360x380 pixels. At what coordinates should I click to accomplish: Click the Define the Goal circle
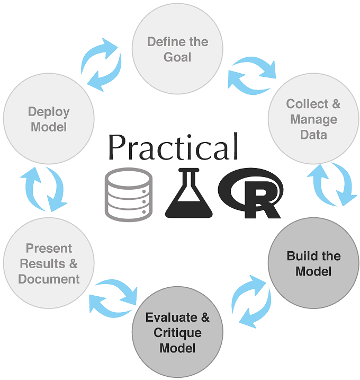pyautogui.click(x=177, y=49)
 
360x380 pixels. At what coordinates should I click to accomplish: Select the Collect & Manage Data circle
pyautogui.click(x=313, y=119)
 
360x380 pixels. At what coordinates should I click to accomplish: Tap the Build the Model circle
pyautogui.click(x=313, y=263)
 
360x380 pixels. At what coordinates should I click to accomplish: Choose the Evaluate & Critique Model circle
pyautogui.click(x=177, y=333)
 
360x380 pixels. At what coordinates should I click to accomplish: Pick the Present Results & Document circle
pyautogui.click(x=49, y=263)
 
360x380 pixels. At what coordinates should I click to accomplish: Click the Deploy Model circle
pyautogui.click(x=49, y=119)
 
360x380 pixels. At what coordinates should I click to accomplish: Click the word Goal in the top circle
pyautogui.click(x=178, y=57)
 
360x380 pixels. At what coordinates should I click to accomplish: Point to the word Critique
pyautogui.click(x=177, y=333)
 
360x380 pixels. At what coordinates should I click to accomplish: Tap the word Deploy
pyautogui.click(x=49, y=112)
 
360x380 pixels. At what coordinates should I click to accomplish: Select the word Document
pyautogui.click(x=49, y=279)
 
